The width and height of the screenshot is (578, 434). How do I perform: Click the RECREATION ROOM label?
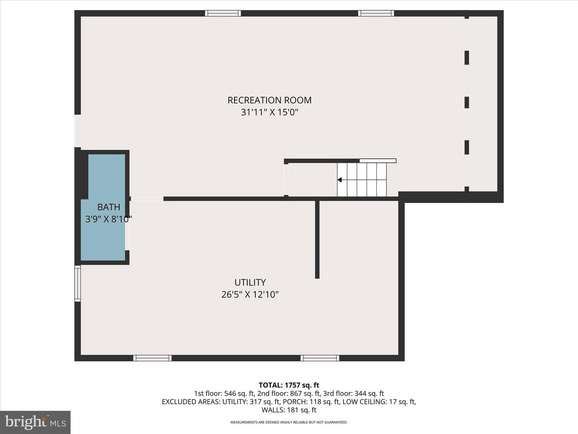269,100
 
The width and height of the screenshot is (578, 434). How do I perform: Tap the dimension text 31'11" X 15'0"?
269,113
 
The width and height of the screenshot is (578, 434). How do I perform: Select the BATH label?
109,207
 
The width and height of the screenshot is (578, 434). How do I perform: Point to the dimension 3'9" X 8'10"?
108,219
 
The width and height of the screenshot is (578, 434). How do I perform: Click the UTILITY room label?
250,283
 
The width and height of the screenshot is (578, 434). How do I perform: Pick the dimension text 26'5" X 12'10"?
250,294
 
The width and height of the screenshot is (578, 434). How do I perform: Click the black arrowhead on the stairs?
340,180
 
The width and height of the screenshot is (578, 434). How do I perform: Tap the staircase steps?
362,180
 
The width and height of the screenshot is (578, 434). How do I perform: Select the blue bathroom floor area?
103,207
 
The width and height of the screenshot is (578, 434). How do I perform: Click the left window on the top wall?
223,13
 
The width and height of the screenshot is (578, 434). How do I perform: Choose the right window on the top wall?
376,13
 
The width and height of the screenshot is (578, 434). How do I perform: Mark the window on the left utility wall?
77,283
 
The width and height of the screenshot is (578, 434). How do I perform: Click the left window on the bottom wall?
153,358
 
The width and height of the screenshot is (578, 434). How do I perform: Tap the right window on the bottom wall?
320,358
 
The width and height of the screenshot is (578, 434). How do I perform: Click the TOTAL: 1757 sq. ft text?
289,385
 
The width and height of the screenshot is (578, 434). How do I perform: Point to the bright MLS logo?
35,422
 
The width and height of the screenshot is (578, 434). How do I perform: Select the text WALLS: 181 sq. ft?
289,410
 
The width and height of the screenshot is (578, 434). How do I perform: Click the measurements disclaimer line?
289,422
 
